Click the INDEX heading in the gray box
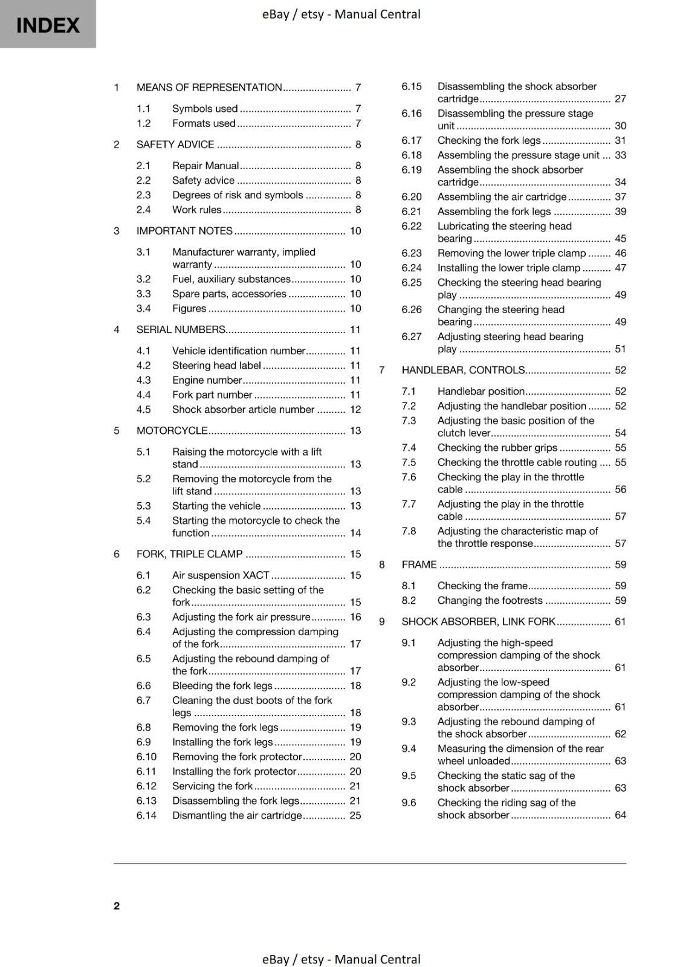point(48,25)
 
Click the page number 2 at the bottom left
point(117,905)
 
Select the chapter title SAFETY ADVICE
point(175,144)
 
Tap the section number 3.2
point(143,279)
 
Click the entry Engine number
point(207,380)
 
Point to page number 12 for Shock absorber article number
point(355,410)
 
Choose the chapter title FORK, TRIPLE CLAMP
point(189,554)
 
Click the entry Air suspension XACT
point(220,575)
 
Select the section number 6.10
point(146,757)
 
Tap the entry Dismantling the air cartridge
point(236,815)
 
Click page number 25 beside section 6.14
point(355,815)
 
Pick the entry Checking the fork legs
point(488,140)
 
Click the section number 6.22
point(412,226)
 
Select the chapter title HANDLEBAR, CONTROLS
point(463,370)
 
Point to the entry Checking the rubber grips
point(497,448)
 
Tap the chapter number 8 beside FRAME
point(382,564)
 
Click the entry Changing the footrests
point(490,600)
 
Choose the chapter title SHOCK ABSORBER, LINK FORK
point(478,621)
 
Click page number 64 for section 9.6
point(620,815)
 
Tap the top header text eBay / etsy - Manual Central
point(341,14)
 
